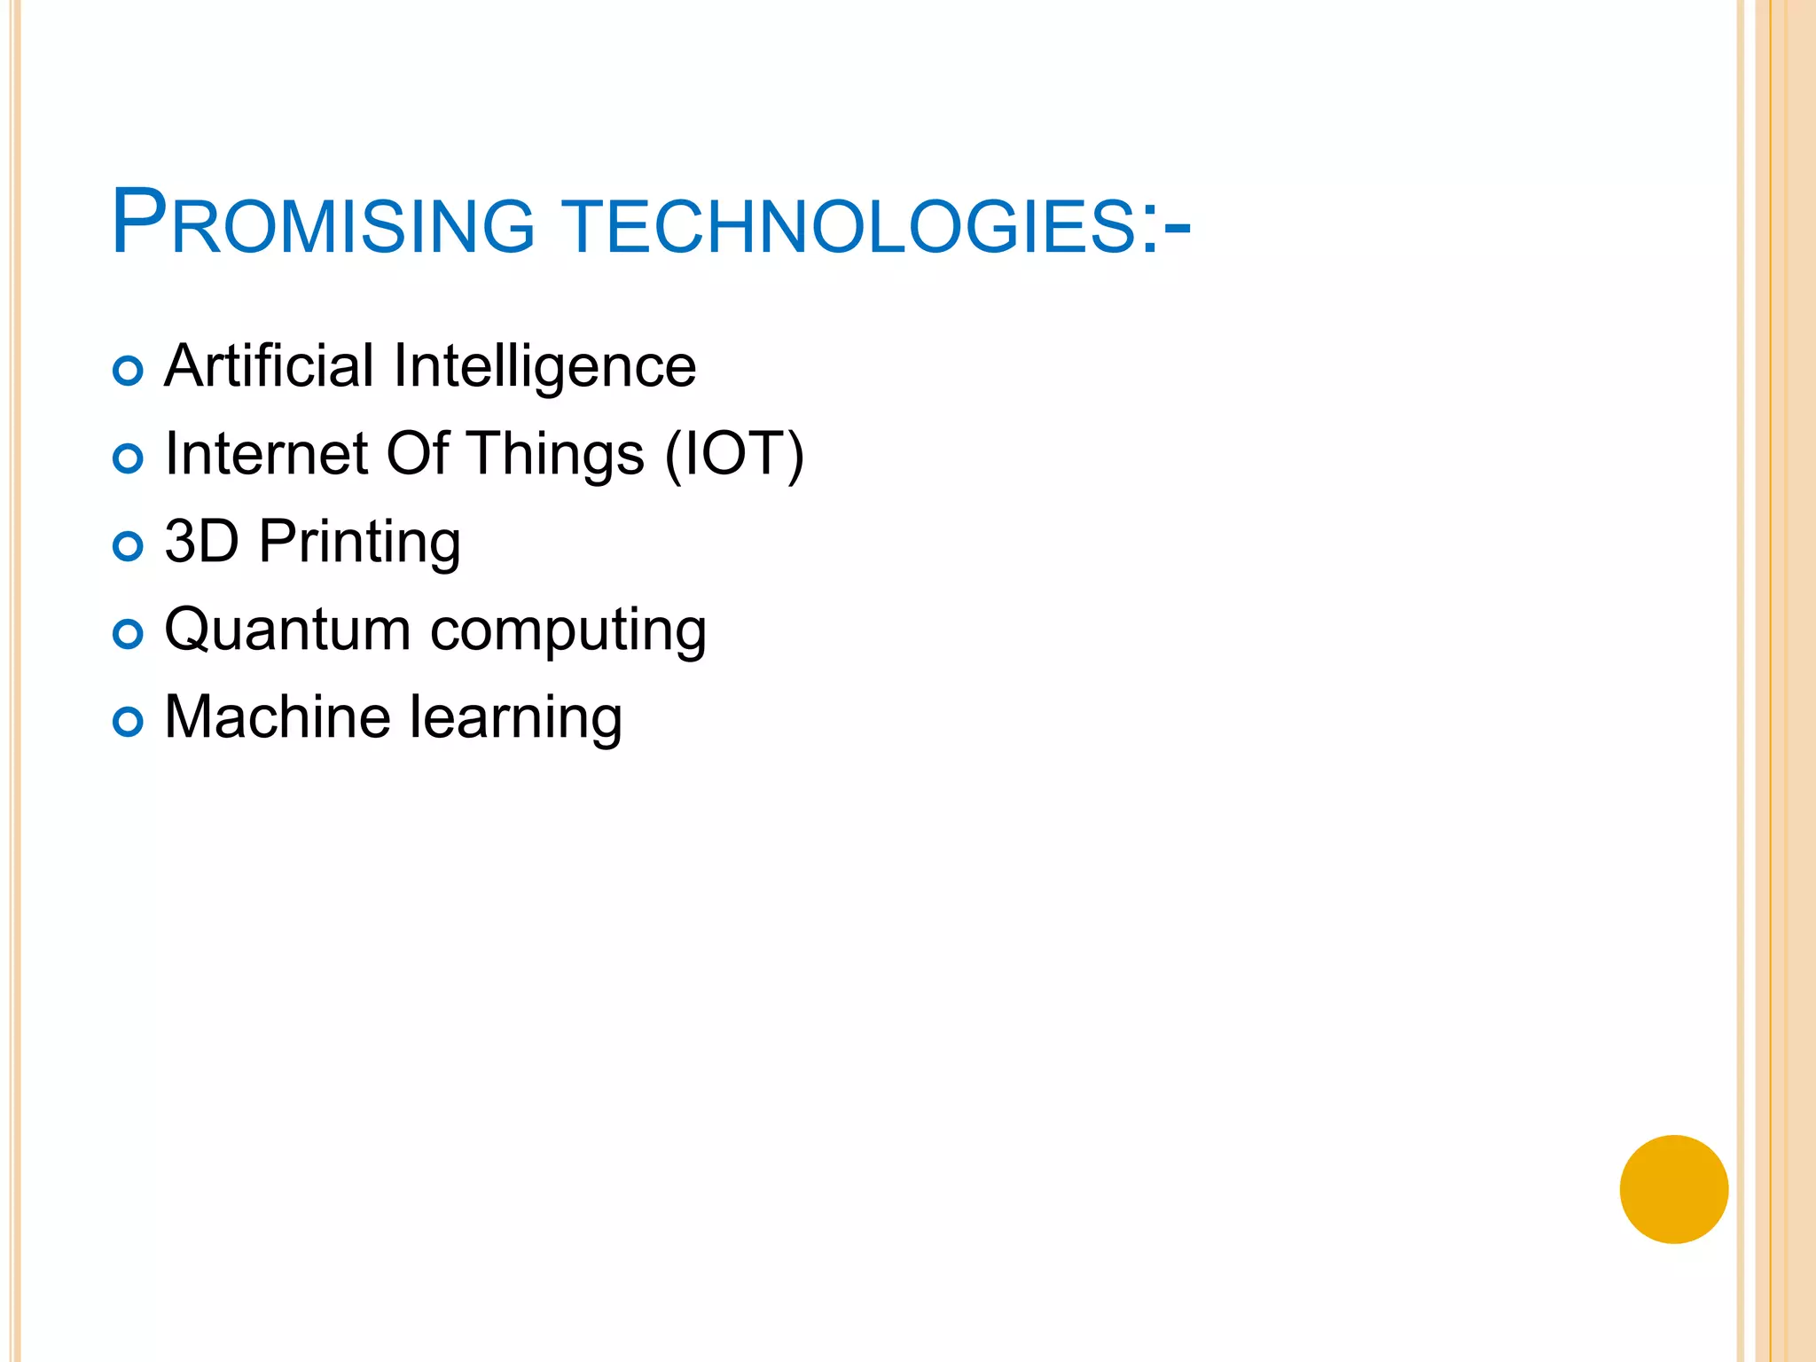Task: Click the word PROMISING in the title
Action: (324, 223)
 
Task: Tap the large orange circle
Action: (1673, 1189)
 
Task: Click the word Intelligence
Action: (544, 367)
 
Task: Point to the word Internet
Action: (267, 454)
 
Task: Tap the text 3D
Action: (201, 541)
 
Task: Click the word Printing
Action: (359, 543)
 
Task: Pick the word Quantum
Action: (287, 630)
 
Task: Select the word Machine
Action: (278, 716)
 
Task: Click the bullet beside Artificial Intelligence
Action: (129, 371)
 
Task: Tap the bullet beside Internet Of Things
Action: (129, 458)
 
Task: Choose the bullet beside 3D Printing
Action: (129, 546)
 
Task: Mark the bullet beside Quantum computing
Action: (129, 634)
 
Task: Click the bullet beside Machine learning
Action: (129, 722)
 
